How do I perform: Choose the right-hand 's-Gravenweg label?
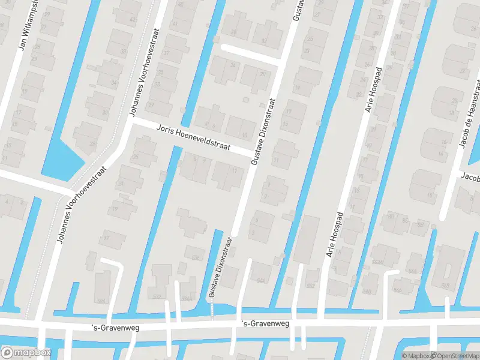click(x=265, y=324)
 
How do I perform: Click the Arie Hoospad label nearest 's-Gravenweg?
click(x=334, y=235)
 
